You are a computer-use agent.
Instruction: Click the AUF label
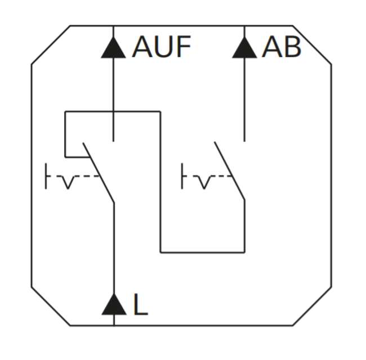coord(162,47)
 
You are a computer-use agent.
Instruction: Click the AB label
coord(282,47)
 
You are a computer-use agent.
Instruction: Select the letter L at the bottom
coord(141,304)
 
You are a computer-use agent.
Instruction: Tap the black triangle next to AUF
coord(113,48)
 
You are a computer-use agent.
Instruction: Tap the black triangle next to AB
coord(244,48)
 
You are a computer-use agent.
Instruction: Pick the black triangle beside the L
coord(114,304)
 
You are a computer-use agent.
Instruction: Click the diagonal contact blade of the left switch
coord(99,173)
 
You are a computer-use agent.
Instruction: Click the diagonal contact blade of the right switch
coord(229,170)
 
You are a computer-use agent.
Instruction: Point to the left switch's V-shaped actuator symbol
coord(68,182)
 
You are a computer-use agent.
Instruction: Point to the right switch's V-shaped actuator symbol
coord(204,182)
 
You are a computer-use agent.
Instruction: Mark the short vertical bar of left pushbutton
coord(46,176)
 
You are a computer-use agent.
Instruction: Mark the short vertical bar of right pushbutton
coord(182,176)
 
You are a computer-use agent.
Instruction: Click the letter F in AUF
coord(184,47)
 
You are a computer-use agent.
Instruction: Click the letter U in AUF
coord(163,47)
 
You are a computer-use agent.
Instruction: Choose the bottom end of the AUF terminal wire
coord(113,141)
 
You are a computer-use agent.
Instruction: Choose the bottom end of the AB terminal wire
coord(244,141)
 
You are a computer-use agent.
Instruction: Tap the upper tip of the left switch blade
coord(83,143)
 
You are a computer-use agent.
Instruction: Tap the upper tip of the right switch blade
coord(215,142)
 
